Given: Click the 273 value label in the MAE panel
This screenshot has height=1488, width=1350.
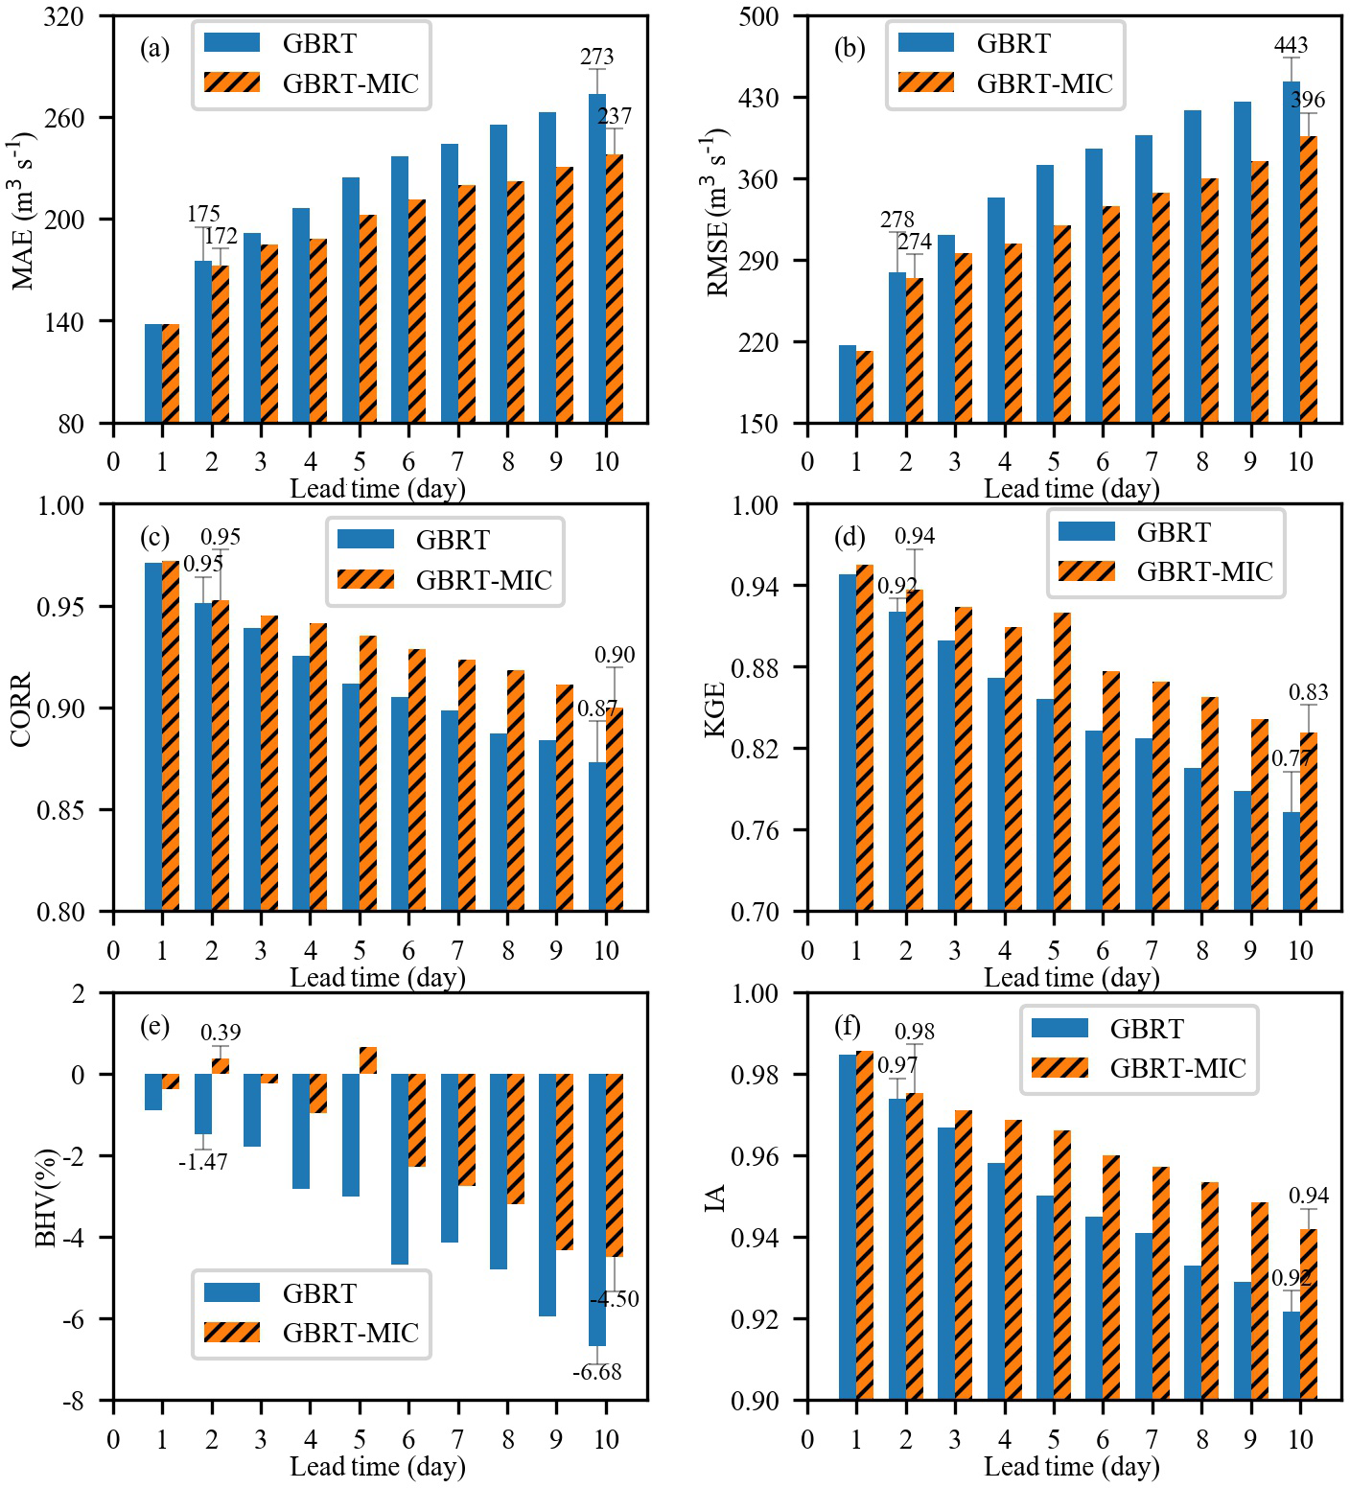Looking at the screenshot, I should (596, 57).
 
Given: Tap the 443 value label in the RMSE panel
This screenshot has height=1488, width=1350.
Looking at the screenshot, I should (1291, 45).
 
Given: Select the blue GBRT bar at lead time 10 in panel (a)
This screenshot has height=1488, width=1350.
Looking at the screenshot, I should (597, 259).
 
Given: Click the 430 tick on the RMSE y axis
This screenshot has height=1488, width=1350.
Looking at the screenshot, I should (758, 98).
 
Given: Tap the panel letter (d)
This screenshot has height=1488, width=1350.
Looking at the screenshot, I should (850, 537).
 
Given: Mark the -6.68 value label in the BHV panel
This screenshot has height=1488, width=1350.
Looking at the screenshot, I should (596, 1372).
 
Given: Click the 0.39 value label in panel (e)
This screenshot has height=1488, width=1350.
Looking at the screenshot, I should (221, 1033).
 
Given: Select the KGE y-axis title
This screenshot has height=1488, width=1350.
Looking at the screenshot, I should (715, 709).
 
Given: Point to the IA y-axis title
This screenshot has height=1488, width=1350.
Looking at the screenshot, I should (715, 1197).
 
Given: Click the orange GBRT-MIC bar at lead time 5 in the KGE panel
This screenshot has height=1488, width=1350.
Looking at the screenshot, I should (1062, 762).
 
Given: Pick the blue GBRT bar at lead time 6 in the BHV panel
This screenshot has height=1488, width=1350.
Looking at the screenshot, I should (400, 1169).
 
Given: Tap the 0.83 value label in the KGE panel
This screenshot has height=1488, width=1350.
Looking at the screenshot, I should (1308, 692).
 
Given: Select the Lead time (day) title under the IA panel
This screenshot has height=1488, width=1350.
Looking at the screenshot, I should (1071, 1467).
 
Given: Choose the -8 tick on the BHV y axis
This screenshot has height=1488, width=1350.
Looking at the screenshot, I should (72, 1402).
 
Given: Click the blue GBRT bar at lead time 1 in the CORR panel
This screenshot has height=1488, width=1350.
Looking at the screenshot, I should (153, 736).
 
